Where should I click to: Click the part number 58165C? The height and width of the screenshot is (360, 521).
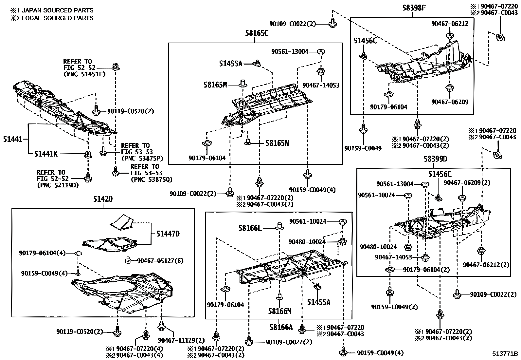coord(257,33)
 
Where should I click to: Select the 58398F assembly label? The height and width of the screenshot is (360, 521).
coord(414,8)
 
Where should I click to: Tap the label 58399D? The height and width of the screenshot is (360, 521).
coord(435,159)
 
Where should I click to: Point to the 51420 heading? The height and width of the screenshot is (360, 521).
coord(103,199)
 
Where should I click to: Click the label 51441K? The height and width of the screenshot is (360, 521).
coord(46,153)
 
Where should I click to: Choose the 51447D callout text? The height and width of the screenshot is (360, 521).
coord(168,234)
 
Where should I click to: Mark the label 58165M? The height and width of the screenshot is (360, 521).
coord(215,85)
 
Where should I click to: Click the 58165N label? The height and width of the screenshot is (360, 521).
coord(277,143)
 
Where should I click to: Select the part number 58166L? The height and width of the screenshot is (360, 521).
coord(250,228)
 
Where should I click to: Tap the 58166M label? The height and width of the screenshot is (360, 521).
coord(280,311)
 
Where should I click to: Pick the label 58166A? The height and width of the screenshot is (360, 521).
coord(281,327)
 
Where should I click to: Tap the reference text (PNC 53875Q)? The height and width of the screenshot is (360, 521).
coord(151,179)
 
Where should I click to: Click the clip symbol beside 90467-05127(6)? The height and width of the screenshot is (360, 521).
coord(128,260)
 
